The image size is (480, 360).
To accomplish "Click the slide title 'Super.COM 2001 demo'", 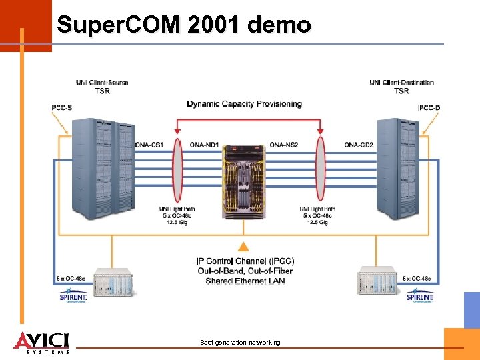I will (183, 25).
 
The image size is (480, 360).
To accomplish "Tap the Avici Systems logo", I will (41, 341).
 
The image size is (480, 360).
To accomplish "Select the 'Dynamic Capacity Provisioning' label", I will (244, 104).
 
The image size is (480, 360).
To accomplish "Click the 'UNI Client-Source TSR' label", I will (102, 87).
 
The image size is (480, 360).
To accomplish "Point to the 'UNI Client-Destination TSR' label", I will (401, 87).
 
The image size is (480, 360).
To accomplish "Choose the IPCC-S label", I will (61, 108).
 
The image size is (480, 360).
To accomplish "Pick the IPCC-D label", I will (429, 108).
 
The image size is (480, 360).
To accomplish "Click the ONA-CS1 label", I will (149, 145).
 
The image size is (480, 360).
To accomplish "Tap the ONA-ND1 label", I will (204, 145).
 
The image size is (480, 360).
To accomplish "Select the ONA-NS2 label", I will (283, 145).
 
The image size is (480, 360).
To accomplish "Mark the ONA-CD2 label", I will (359, 145).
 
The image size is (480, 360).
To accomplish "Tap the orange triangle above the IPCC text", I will (245, 247).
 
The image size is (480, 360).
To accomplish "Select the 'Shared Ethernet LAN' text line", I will (245, 281).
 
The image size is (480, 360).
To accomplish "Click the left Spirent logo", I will (73, 294).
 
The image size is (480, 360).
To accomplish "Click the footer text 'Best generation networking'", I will (240, 343).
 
